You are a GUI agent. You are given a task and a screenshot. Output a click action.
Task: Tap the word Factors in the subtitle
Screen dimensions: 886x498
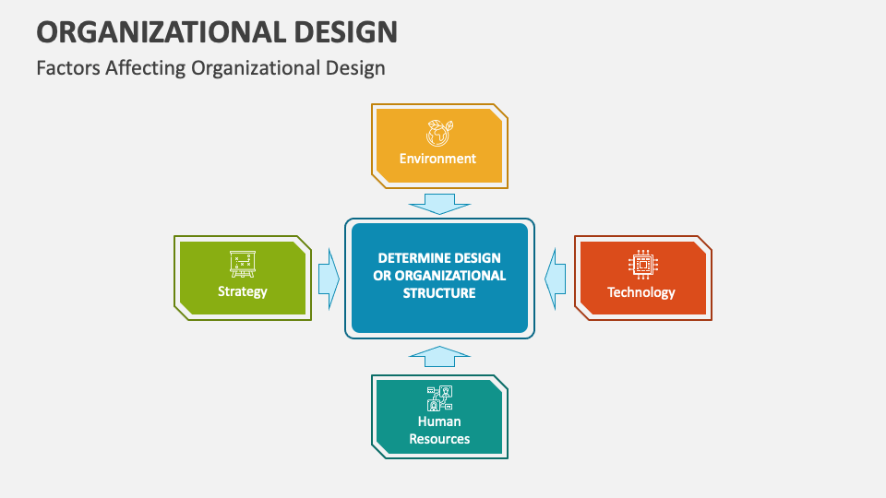tap(68, 67)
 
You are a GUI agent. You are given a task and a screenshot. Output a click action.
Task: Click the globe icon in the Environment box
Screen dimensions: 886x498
tap(439, 133)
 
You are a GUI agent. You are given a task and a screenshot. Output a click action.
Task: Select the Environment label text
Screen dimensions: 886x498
tap(437, 159)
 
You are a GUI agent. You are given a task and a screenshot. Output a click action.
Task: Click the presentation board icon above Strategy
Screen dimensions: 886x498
tap(243, 264)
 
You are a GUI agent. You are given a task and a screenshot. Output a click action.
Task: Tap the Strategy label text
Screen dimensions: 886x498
tap(243, 292)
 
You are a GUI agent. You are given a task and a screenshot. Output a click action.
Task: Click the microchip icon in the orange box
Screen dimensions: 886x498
tap(643, 265)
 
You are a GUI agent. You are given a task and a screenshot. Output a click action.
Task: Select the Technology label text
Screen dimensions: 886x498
tap(641, 292)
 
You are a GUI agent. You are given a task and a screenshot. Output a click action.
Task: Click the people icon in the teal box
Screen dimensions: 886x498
tap(439, 398)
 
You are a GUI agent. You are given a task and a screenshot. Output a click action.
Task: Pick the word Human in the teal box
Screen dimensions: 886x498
tap(439, 421)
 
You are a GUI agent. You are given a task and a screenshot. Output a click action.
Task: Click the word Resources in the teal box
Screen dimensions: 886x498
tap(439, 439)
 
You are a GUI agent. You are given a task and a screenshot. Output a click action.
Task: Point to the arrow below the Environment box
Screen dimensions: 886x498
tap(439, 204)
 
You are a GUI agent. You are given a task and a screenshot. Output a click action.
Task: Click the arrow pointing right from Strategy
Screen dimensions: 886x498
tap(329, 279)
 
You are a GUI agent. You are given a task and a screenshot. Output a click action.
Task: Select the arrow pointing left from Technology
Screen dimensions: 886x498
tap(556, 279)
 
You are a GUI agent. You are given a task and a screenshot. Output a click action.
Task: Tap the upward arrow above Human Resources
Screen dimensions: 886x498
tap(439, 356)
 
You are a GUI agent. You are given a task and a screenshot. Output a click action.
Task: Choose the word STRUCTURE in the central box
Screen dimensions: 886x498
tap(439, 293)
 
